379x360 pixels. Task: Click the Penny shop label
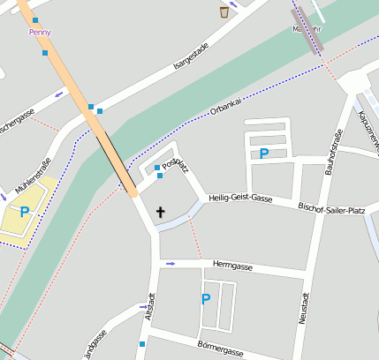point(40,32)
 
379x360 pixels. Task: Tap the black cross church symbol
point(161,212)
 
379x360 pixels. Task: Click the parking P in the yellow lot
point(25,212)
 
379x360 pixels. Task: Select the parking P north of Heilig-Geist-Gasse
point(263,154)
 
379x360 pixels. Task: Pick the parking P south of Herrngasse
point(206,299)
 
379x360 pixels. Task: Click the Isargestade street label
point(192,55)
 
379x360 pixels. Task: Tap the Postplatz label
point(175,164)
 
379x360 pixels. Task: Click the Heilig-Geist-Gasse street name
point(239,199)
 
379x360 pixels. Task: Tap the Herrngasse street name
point(233,265)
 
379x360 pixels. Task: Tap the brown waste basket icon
point(224,11)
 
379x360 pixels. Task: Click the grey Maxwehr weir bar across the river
point(307,30)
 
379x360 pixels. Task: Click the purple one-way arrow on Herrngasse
point(171,263)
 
